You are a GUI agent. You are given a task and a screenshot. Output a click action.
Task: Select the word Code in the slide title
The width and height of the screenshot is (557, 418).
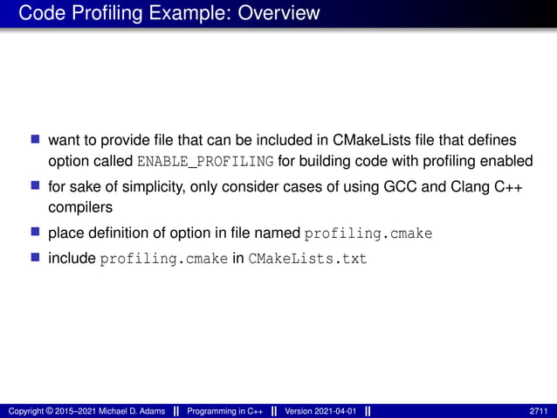[37, 13]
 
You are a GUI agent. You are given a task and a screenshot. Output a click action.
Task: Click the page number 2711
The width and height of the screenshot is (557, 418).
[539, 411]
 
